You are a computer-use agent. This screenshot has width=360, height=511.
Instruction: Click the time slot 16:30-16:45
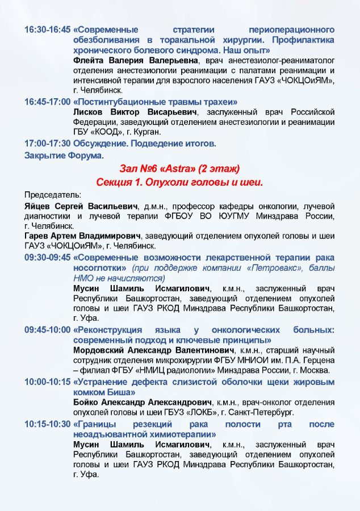pos(48,30)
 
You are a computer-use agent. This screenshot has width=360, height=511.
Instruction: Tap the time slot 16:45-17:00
pos(48,102)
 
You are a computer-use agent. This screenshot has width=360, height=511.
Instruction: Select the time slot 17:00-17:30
pos(48,144)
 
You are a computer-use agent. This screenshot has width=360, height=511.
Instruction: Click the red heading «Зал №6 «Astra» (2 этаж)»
pos(180,169)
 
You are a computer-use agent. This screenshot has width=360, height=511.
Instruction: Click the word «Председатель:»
pos(49,194)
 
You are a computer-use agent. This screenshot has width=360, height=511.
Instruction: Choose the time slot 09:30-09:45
pos(48,258)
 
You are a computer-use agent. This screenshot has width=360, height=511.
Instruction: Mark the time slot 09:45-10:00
pos(48,330)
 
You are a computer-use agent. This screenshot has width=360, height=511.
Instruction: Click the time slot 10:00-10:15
pos(48,382)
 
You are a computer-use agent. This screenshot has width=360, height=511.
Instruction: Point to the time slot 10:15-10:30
pos(48,424)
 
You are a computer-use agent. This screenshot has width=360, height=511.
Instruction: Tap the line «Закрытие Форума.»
pos(64,155)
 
